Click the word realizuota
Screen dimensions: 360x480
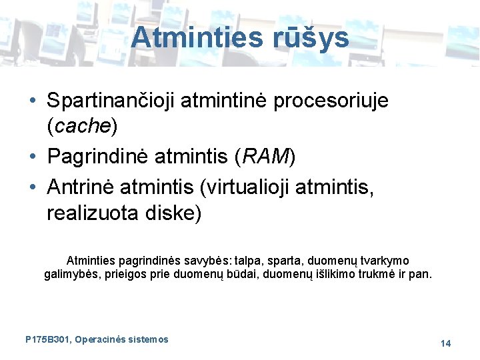91,213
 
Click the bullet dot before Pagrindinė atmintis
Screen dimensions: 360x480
33,157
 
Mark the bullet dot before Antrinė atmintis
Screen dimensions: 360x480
33,189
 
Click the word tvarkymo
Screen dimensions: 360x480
383,260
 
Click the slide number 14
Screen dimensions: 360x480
445,343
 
